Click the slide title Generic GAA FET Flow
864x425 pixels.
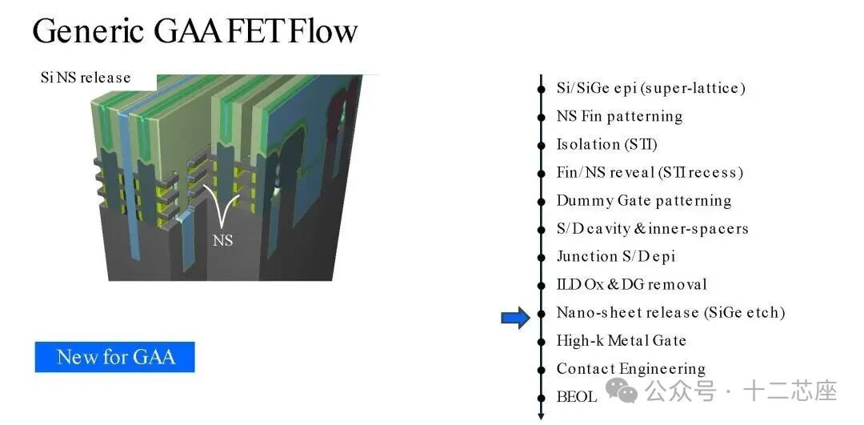click(194, 31)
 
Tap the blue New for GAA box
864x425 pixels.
click(114, 357)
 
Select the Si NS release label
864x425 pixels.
click(85, 78)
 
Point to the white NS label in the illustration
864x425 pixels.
click(223, 239)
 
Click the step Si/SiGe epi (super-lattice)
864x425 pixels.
click(650, 88)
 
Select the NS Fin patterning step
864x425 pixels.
click(619, 116)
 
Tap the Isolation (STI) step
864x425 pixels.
click(606, 144)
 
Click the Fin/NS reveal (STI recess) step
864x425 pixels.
click(650, 172)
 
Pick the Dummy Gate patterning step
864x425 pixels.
click(643, 200)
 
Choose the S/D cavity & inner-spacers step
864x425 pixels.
click(652, 228)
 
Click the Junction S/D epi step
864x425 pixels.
click(616, 256)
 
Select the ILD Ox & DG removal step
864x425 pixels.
click(631, 284)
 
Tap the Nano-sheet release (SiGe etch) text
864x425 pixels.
click(670, 312)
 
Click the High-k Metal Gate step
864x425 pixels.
click(621, 340)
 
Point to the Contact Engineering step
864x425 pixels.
click(630, 368)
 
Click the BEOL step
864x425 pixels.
click(576, 396)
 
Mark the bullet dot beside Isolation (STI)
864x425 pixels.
click(542, 144)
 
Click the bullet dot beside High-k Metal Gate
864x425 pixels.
click(542, 340)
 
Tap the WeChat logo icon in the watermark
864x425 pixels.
click(622, 391)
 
